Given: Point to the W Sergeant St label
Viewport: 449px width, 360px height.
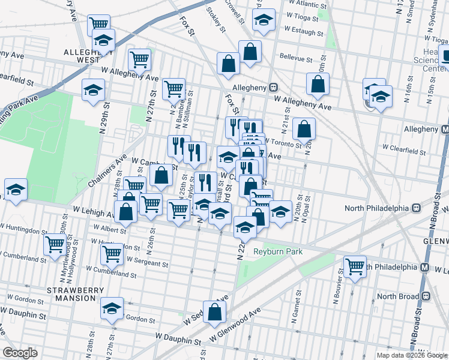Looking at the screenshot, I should tap(147, 262).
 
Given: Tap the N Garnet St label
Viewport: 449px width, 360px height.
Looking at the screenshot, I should tap(297, 311).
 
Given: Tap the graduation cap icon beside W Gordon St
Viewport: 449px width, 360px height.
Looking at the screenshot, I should tap(112, 308).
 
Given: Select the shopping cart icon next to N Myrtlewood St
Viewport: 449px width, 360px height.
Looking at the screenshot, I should tap(55, 244).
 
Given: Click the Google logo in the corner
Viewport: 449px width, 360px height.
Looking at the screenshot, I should tap(20, 353).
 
